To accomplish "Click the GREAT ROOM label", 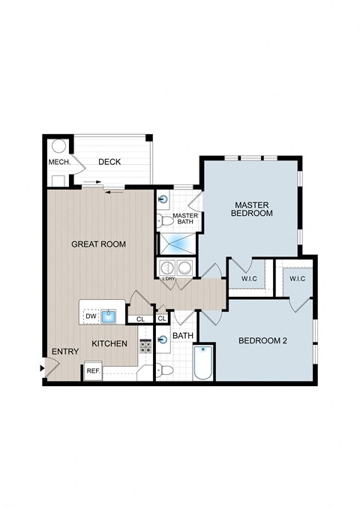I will (x=98, y=244).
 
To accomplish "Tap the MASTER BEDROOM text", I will (x=252, y=208).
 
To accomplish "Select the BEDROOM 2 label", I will (x=262, y=341).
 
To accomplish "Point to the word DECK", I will (x=109, y=162).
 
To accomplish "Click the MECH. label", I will (x=59, y=162).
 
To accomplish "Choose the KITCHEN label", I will (x=109, y=343).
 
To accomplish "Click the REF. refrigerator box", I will (x=93, y=371).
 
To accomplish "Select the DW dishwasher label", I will (x=90, y=317).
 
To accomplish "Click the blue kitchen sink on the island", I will (x=109, y=316).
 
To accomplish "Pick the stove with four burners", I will (x=145, y=344).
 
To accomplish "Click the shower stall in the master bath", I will (x=176, y=244).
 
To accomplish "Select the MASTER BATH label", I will (x=184, y=219).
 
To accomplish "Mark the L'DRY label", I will (x=169, y=280).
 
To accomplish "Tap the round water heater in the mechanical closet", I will (x=58, y=147).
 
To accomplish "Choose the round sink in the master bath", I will (x=163, y=200).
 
